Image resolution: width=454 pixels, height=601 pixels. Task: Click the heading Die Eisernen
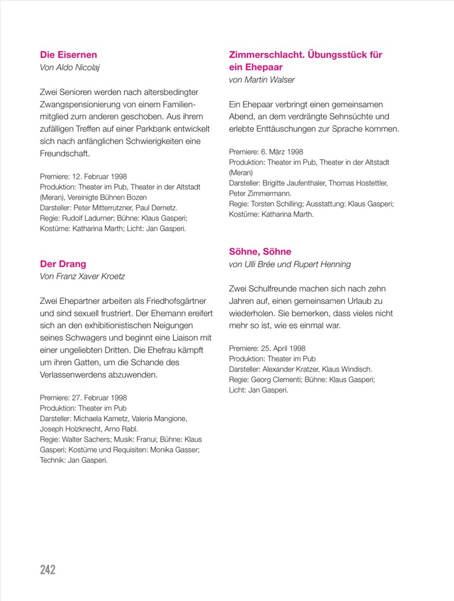pyautogui.click(x=68, y=55)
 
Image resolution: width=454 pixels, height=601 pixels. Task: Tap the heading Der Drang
pyautogui.click(x=63, y=264)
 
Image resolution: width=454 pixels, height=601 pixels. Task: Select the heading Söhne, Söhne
pyautogui.click(x=261, y=252)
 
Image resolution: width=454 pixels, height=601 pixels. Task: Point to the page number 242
pyautogui.click(x=48, y=569)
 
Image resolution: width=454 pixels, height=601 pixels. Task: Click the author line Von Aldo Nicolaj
pyautogui.click(x=73, y=68)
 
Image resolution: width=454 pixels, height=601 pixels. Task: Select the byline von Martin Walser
pyautogui.click(x=262, y=80)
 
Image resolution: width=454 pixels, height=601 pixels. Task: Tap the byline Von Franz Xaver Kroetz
pyautogui.click(x=82, y=276)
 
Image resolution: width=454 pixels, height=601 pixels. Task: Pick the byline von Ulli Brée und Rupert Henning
pyautogui.click(x=289, y=264)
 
